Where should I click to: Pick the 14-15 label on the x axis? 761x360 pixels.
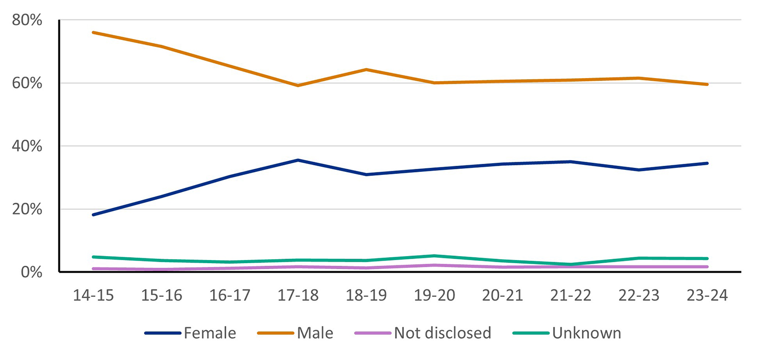coord(94,296)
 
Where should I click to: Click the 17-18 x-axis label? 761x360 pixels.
coord(298,296)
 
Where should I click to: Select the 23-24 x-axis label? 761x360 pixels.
coord(707,296)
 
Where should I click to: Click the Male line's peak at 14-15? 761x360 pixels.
coord(94,32)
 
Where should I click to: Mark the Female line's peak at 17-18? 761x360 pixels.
coord(298,160)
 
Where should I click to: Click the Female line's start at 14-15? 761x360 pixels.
coord(94,214)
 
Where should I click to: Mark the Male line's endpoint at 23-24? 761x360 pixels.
coord(707,84)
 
